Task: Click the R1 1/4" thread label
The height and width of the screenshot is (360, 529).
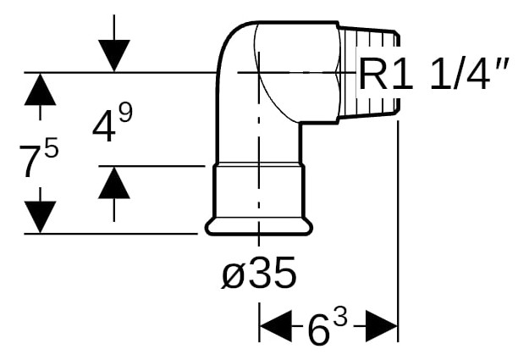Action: (433, 75)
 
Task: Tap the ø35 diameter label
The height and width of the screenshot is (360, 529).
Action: (259, 272)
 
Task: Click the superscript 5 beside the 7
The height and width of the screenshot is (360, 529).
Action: (52, 147)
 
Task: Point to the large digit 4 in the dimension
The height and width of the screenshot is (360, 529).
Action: (103, 127)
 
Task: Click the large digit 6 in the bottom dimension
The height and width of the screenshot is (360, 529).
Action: (318, 330)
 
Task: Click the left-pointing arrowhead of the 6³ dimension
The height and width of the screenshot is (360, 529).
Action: (276, 326)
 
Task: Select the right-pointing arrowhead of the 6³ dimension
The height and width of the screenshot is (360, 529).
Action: (382, 326)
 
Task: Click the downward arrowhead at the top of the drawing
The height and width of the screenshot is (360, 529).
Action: (114, 56)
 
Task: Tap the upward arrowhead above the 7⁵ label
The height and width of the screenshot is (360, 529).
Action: (40, 89)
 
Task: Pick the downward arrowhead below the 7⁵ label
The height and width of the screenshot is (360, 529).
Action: (40, 217)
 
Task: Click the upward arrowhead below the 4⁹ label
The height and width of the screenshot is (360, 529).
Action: (114, 182)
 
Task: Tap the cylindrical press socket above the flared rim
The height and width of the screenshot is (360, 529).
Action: (259, 191)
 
